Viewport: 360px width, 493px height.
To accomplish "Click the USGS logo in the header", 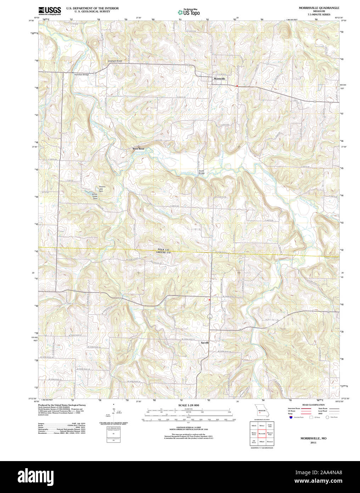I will pos(49,10).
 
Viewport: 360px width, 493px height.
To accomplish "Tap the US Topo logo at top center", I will pos(189,12).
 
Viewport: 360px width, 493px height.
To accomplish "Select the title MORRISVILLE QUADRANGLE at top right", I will pos(314,7).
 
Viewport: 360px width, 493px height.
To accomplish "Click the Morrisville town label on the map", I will pos(219,78).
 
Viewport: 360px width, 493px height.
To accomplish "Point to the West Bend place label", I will pos(138,149).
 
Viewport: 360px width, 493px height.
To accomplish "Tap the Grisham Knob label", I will pos(115,61).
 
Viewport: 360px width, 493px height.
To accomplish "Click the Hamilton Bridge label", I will pos(81,74).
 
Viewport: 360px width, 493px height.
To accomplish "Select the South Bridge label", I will pos(201,172).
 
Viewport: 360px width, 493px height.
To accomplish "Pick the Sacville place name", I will pos(205,343).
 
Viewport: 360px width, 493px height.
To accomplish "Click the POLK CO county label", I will pos(163,250).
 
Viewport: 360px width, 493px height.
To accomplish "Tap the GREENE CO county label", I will pos(163,253).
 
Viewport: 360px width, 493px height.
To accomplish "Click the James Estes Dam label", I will pos(94,196).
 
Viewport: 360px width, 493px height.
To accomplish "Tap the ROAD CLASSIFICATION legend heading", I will pos(313,405).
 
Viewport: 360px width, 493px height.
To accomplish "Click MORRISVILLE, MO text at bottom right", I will pos(314,438).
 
